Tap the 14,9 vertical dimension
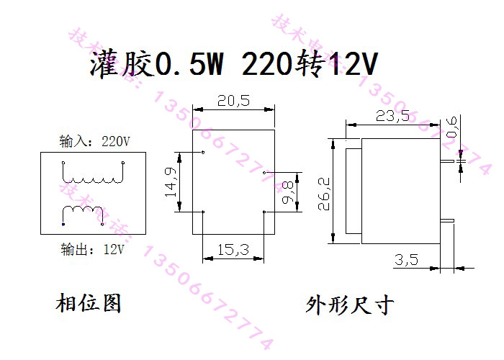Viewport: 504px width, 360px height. [x=170, y=181]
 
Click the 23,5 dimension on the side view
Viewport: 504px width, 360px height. [x=392, y=116]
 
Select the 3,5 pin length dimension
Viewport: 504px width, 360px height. [x=407, y=260]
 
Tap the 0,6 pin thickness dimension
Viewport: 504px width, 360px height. [x=452, y=125]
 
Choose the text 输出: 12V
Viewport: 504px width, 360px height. [x=93, y=250]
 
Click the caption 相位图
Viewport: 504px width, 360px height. [x=89, y=303]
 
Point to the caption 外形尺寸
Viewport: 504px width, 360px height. [x=351, y=305]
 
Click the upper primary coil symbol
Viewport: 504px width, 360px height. [x=94, y=176]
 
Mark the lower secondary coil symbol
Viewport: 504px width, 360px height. [x=84, y=214]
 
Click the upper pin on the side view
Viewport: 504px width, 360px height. [x=447, y=162]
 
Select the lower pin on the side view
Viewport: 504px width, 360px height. [x=447, y=220]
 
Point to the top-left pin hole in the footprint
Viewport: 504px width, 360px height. [x=204, y=153]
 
